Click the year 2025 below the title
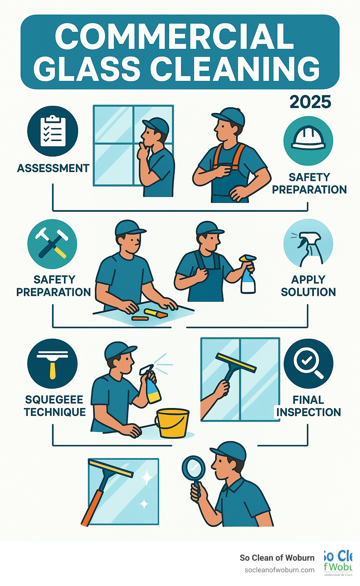(310, 102)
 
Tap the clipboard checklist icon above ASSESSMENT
(53, 131)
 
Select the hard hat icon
(308, 141)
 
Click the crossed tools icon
(52, 243)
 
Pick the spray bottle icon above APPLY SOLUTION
(308, 244)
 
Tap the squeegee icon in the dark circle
(52, 363)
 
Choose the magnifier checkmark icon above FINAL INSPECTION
(308, 363)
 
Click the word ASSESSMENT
(53, 168)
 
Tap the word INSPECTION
(309, 412)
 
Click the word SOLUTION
(308, 292)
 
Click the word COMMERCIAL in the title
(174, 37)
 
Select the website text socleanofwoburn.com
(279, 570)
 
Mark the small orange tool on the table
(140, 318)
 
